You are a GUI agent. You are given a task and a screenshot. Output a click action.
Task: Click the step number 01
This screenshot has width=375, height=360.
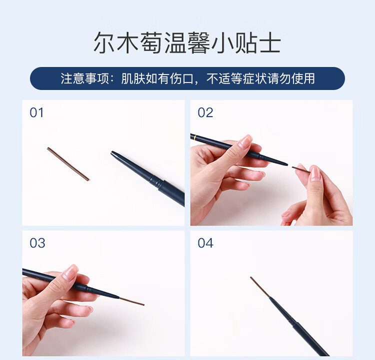pos(36,112)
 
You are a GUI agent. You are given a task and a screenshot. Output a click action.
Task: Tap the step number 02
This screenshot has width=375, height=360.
pos(205,112)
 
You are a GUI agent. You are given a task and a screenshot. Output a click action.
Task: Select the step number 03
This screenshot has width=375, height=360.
pos(37,243)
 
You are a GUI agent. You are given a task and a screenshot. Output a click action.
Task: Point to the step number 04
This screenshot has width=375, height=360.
pos(205,243)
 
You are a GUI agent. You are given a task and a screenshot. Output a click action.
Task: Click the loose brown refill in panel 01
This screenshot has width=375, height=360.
pos(68,164)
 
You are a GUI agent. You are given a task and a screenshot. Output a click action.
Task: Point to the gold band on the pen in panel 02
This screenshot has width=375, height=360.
pos(195,137)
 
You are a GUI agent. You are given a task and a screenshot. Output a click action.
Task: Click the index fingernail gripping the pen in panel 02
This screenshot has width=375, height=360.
pos(245,141)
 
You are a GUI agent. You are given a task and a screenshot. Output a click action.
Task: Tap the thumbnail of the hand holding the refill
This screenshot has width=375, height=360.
pos(314,173)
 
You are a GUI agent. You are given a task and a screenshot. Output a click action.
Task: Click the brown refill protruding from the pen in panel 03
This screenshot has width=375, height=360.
pos(132,301)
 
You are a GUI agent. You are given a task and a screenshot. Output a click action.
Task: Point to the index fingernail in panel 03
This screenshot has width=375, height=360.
pos(70,272)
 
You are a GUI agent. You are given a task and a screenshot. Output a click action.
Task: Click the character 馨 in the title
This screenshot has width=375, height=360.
pos(198,43)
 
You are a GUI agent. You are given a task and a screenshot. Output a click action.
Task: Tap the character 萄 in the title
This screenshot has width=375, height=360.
pos(151,43)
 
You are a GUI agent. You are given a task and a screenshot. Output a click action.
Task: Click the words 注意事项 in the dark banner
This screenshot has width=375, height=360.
pos(84,78)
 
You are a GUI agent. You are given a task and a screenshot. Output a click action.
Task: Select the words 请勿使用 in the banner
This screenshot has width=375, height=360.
pos(291,78)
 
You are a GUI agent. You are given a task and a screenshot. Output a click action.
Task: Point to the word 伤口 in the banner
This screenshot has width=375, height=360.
pos(182,78)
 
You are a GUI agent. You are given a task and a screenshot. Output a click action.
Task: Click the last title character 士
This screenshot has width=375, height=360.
pos(270,43)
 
